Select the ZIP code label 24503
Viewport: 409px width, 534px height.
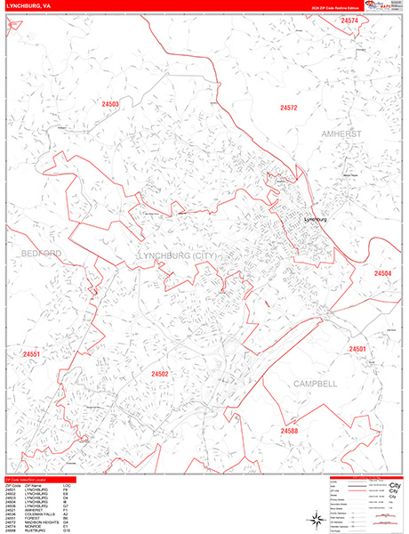click(x=109, y=104)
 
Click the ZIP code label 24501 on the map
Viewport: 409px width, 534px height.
click(x=358, y=349)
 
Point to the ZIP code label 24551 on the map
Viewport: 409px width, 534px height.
click(x=33, y=354)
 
